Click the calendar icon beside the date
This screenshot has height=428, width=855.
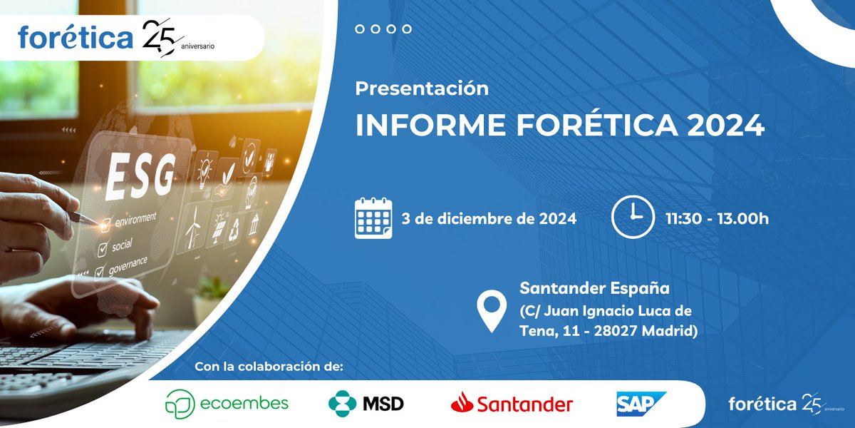pyautogui.click(x=373, y=218)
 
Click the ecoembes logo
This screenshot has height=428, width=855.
pyautogui.click(x=227, y=404)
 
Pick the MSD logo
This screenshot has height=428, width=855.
pyautogui.click(x=366, y=404)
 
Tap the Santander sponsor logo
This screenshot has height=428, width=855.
pyautogui.click(x=512, y=404)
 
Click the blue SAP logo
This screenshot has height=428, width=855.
pyautogui.click(x=641, y=404)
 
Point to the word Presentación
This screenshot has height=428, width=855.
pyautogui.click(x=422, y=89)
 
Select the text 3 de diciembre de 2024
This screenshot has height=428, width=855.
pyautogui.click(x=489, y=218)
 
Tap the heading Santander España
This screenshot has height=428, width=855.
pyautogui.click(x=595, y=289)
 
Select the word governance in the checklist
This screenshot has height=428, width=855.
pyautogui.click(x=128, y=263)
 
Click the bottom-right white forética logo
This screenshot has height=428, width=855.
pyautogui.click(x=762, y=404)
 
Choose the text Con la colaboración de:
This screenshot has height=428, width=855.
pyautogui.click(x=269, y=367)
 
